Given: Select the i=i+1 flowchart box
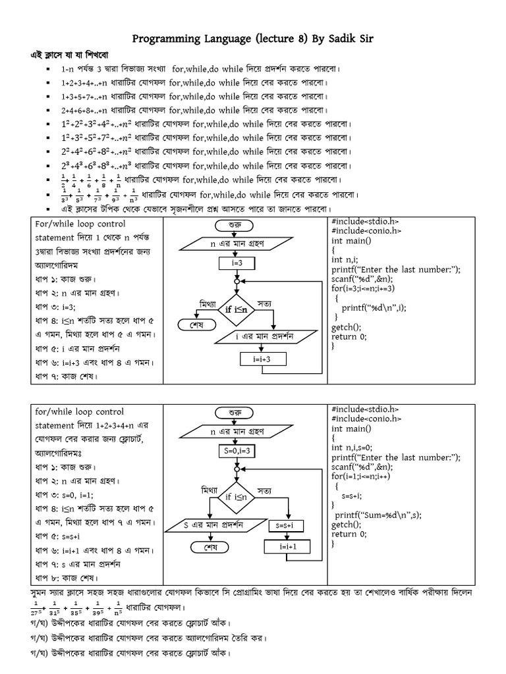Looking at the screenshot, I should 287,546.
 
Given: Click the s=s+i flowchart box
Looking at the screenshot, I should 288,525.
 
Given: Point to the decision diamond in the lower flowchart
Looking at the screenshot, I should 237,497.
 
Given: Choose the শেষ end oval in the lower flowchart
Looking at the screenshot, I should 210,547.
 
